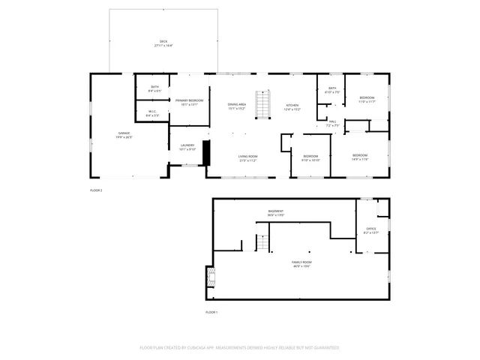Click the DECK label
coord(163,43)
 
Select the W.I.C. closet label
coord(151,113)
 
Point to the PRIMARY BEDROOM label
coord(189,102)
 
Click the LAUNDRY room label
coord(187,147)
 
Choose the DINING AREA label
coord(238,106)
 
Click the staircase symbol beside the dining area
coord(262,104)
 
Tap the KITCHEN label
coord(292,106)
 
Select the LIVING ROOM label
coord(248,158)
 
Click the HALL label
coord(331,123)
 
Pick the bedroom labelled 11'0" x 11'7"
coord(366,100)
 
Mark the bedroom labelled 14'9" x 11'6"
coord(360,157)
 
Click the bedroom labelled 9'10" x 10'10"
coord(310,157)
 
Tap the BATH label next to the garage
coord(154,88)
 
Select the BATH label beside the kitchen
coord(331,90)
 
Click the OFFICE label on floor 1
coord(371,230)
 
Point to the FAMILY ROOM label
coord(301,264)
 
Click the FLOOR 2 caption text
coord(96,190)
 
